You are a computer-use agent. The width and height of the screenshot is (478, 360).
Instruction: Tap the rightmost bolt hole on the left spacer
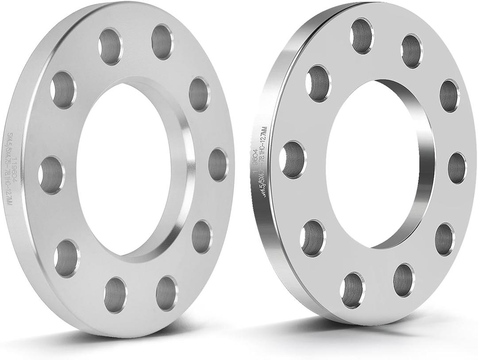(218, 165)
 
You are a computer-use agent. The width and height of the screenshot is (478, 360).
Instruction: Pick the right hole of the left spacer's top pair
(162, 42)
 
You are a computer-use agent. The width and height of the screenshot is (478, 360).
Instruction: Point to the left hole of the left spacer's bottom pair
(116, 295)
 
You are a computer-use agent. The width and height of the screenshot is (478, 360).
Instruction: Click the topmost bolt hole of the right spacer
(362, 36)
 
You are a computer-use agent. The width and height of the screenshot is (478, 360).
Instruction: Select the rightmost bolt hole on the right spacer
(457, 168)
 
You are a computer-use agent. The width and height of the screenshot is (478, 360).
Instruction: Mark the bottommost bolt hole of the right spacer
(353, 290)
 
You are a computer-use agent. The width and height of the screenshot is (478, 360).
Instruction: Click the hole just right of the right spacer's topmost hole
(412, 51)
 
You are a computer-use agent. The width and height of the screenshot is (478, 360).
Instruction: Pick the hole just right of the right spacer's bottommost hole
(404, 280)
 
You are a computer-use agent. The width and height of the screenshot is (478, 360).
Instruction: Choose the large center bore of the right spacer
(372, 164)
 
